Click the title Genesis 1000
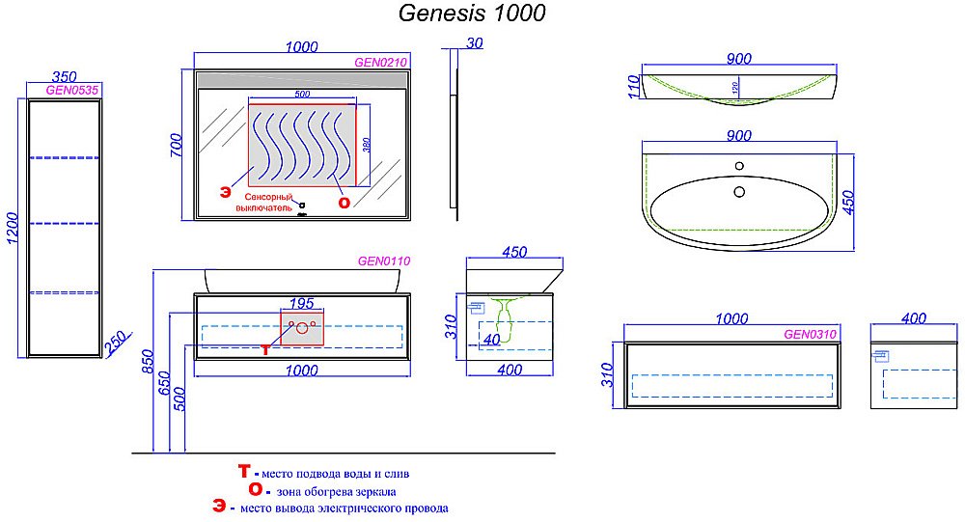click(472, 14)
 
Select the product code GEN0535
click(72, 91)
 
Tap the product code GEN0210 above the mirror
click(381, 61)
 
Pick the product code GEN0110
click(384, 260)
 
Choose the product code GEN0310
click(810, 335)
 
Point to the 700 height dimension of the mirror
click(176, 145)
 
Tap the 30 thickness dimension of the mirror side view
click(474, 43)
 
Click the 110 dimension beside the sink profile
click(633, 87)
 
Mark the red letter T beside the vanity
click(268, 348)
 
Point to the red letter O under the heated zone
click(343, 202)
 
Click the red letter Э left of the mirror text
click(225, 189)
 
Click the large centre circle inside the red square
click(302, 329)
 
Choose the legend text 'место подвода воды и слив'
click(334, 474)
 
